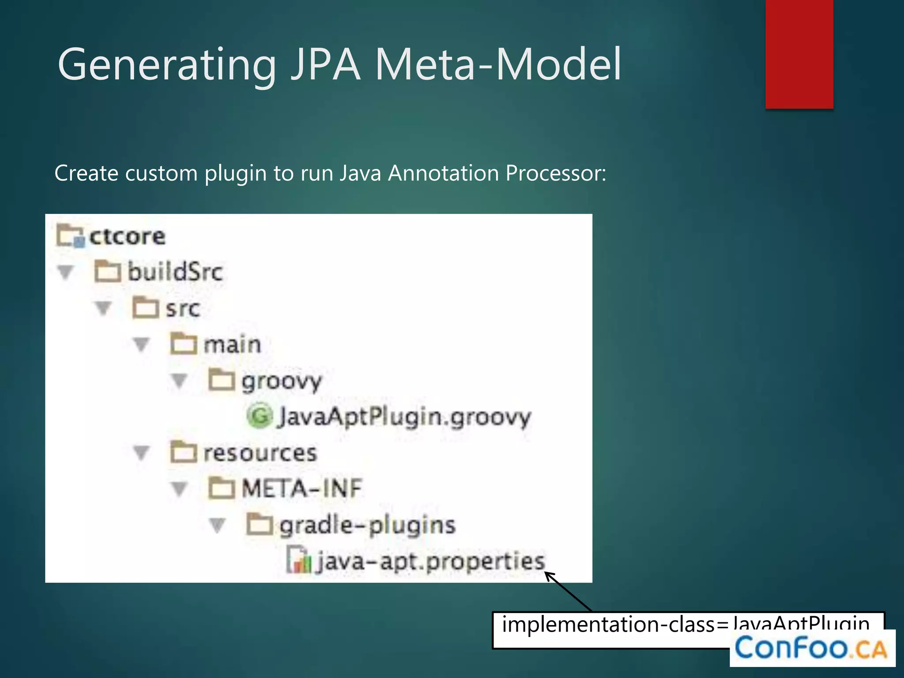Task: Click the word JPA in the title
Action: click(326, 65)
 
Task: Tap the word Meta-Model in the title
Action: click(498, 65)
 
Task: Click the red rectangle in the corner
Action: click(799, 54)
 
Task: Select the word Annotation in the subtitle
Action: click(444, 173)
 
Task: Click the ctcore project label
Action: click(127, 237)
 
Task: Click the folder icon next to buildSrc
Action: click(107, 271)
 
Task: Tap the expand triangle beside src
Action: click(103, 308)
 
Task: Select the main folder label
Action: click(232, 345)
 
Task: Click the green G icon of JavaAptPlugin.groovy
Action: click(259, 416)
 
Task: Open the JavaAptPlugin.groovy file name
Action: click(404, 417)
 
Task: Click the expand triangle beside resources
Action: click(141, 453)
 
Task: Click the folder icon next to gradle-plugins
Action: click(259, 525)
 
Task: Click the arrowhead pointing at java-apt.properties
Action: click(549, 575)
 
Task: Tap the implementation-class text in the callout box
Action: click(608, 625)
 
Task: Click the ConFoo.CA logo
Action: click(811, 648)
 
